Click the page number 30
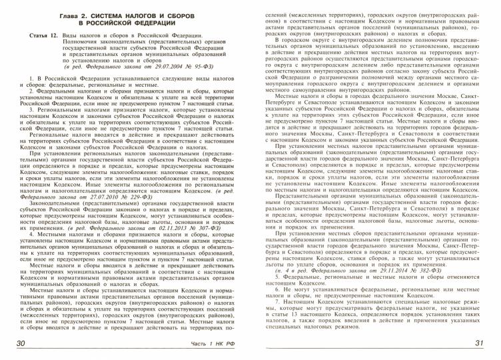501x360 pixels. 21,343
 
